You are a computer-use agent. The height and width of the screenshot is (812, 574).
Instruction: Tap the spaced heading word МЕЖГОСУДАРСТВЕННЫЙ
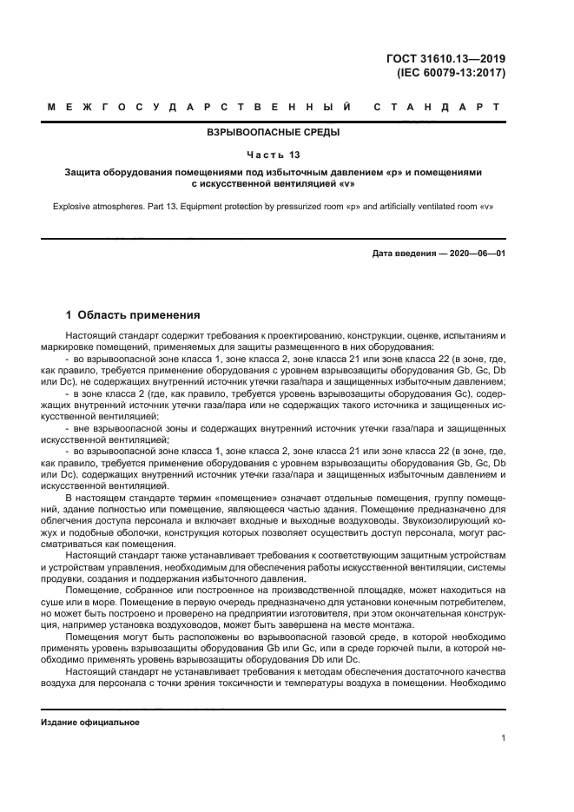pos(200,108)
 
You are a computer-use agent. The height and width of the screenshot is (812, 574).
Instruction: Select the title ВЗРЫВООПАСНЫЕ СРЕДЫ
pos(274,133)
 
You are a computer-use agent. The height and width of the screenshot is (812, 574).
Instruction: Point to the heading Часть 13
pos(274,155)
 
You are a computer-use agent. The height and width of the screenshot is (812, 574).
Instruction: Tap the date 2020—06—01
pos(475,253)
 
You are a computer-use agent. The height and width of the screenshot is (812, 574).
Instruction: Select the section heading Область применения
pos(139,315)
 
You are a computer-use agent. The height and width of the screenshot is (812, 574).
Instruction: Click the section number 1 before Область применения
pos(70,315)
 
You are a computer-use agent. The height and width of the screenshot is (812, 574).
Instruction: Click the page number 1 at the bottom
pos(503,738)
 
